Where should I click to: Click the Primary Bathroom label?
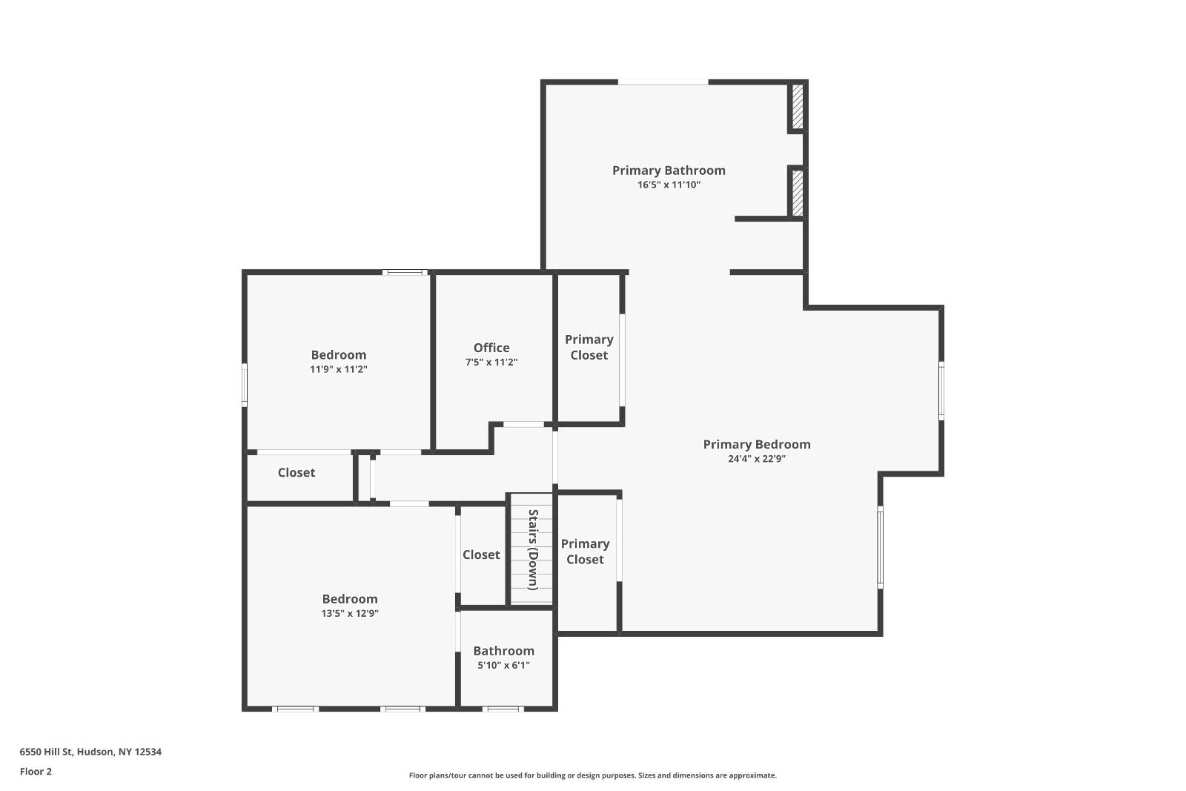click(669, 171)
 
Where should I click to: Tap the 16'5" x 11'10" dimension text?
click(669, 185)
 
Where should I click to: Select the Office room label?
click(491, 348)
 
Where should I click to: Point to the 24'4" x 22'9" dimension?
click(757, 459)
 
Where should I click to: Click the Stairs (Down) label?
click(532, 549)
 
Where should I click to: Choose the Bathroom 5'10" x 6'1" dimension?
click(503, 666)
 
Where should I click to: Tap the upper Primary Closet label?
click(589, 347)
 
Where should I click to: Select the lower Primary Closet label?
click(585, 552)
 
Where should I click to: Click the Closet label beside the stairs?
click(481, 555)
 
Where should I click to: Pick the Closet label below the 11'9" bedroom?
click(296, 472)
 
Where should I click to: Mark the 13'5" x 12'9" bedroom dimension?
click(350, 614)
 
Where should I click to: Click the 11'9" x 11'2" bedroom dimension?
click(339, 369)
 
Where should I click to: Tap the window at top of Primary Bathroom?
click(663, 82)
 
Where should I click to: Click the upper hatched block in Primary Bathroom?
click(798, 107)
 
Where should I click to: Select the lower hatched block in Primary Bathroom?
click(798, 193)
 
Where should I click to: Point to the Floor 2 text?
click(36, 772)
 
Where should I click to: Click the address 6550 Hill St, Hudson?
click(90, 752)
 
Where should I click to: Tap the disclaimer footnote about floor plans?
click(592, 775)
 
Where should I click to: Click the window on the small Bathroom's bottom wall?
click(503, 709)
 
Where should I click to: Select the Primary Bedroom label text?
click(757, 444)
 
